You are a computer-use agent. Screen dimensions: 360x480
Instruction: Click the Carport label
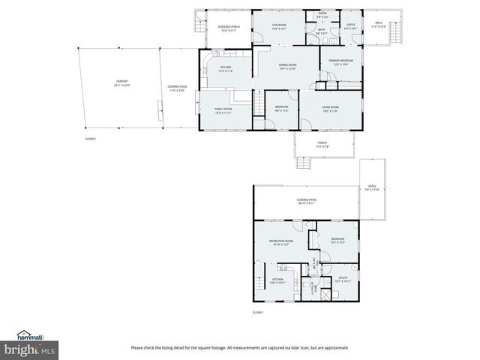coord(121,82)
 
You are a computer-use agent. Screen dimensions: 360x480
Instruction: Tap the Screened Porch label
coord(229,28)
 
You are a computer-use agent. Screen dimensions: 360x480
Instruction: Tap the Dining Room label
coord(288,67)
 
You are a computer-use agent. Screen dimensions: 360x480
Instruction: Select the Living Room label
coord(330,109)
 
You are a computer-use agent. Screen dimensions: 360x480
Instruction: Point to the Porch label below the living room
coord(322,144)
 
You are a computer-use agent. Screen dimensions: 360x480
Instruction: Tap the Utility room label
coord(344,279)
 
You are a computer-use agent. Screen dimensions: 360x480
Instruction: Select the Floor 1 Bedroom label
coord(337,241)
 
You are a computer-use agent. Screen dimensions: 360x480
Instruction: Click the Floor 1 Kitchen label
coord(277,281)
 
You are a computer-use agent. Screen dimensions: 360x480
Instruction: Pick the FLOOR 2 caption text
coord(90,139)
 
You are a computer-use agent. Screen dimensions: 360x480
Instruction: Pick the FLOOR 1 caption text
coord(258,311)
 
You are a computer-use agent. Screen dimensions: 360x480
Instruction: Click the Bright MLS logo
coord(30,349)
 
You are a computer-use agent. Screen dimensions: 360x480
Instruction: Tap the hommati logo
coord(30,336)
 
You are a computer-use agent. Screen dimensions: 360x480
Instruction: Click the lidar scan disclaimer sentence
coord(240,347)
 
